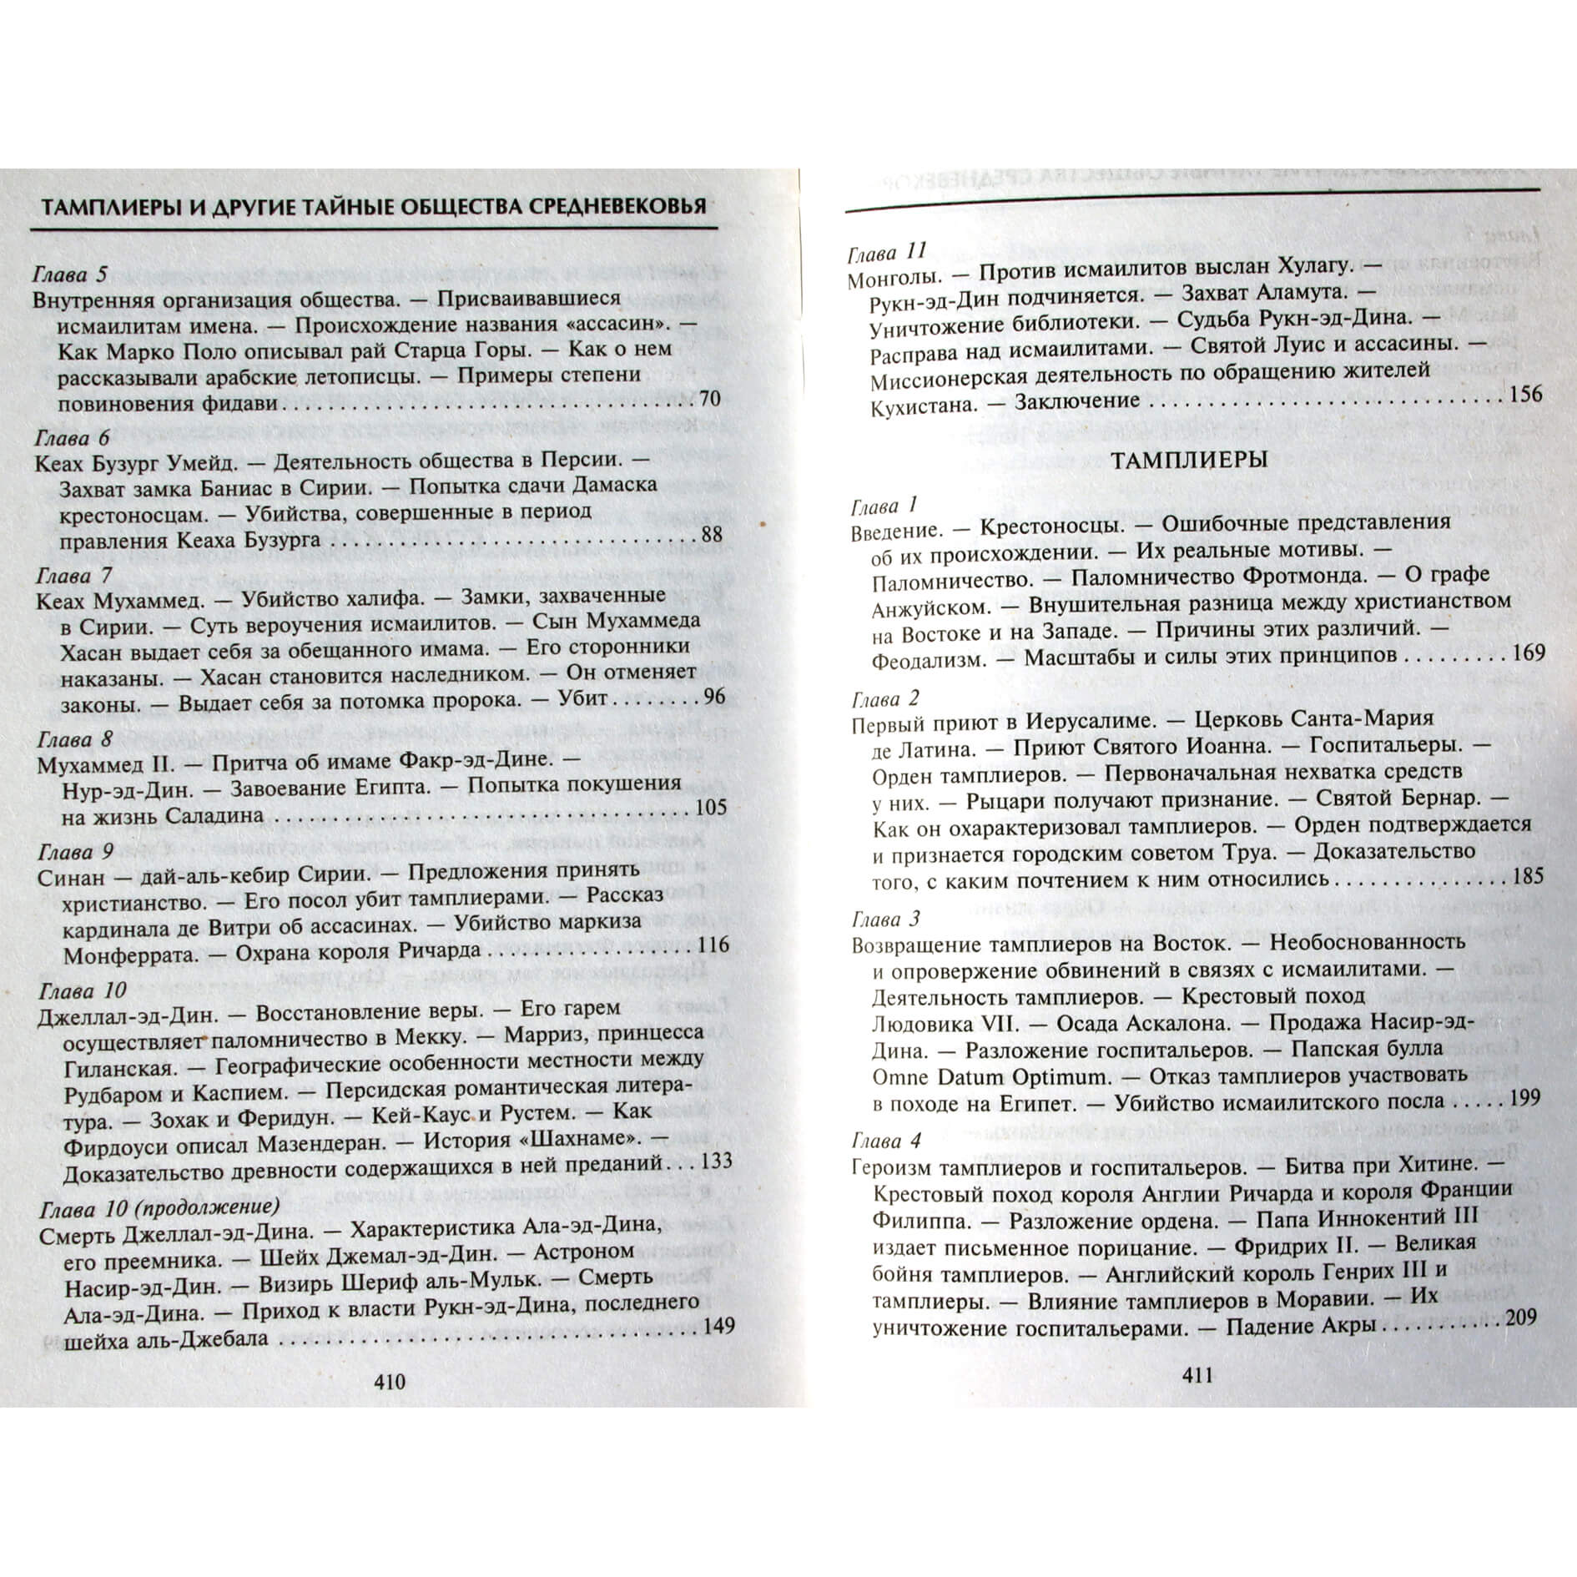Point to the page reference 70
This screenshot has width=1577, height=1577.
[x=709, y=398]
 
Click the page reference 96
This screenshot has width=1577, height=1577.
[x=714, y=697]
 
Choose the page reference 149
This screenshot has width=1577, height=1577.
[x=718, y=1327]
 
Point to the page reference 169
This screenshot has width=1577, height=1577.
[x=1529, y=652]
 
